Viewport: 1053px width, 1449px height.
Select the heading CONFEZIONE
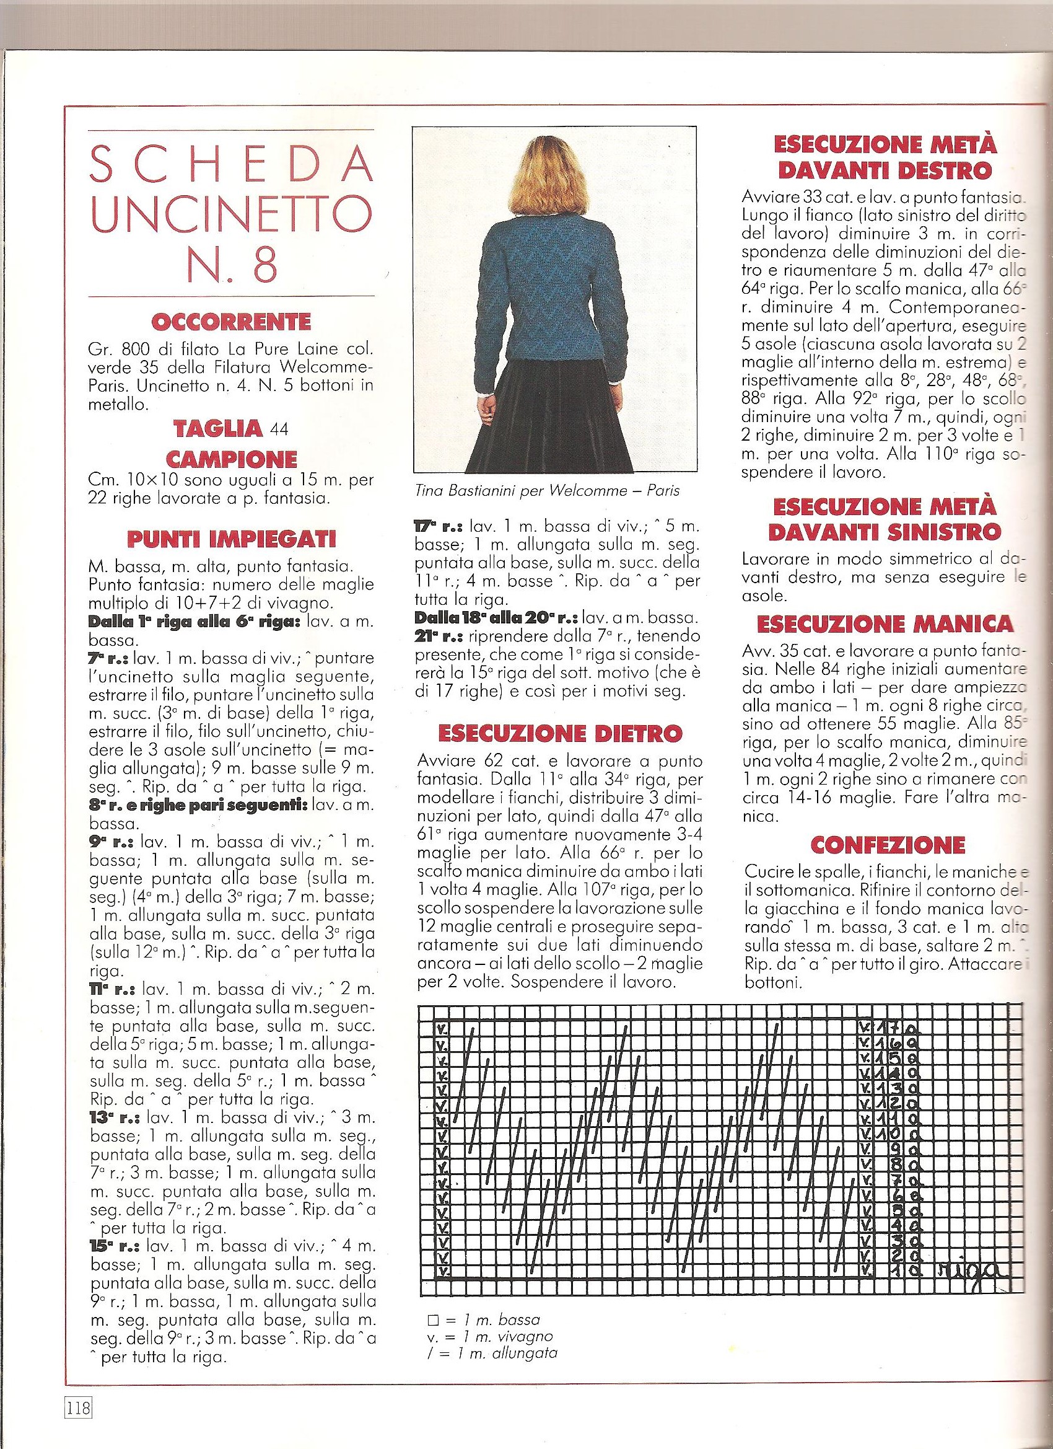point(887,845)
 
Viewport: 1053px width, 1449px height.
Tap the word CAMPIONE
point(232,459)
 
